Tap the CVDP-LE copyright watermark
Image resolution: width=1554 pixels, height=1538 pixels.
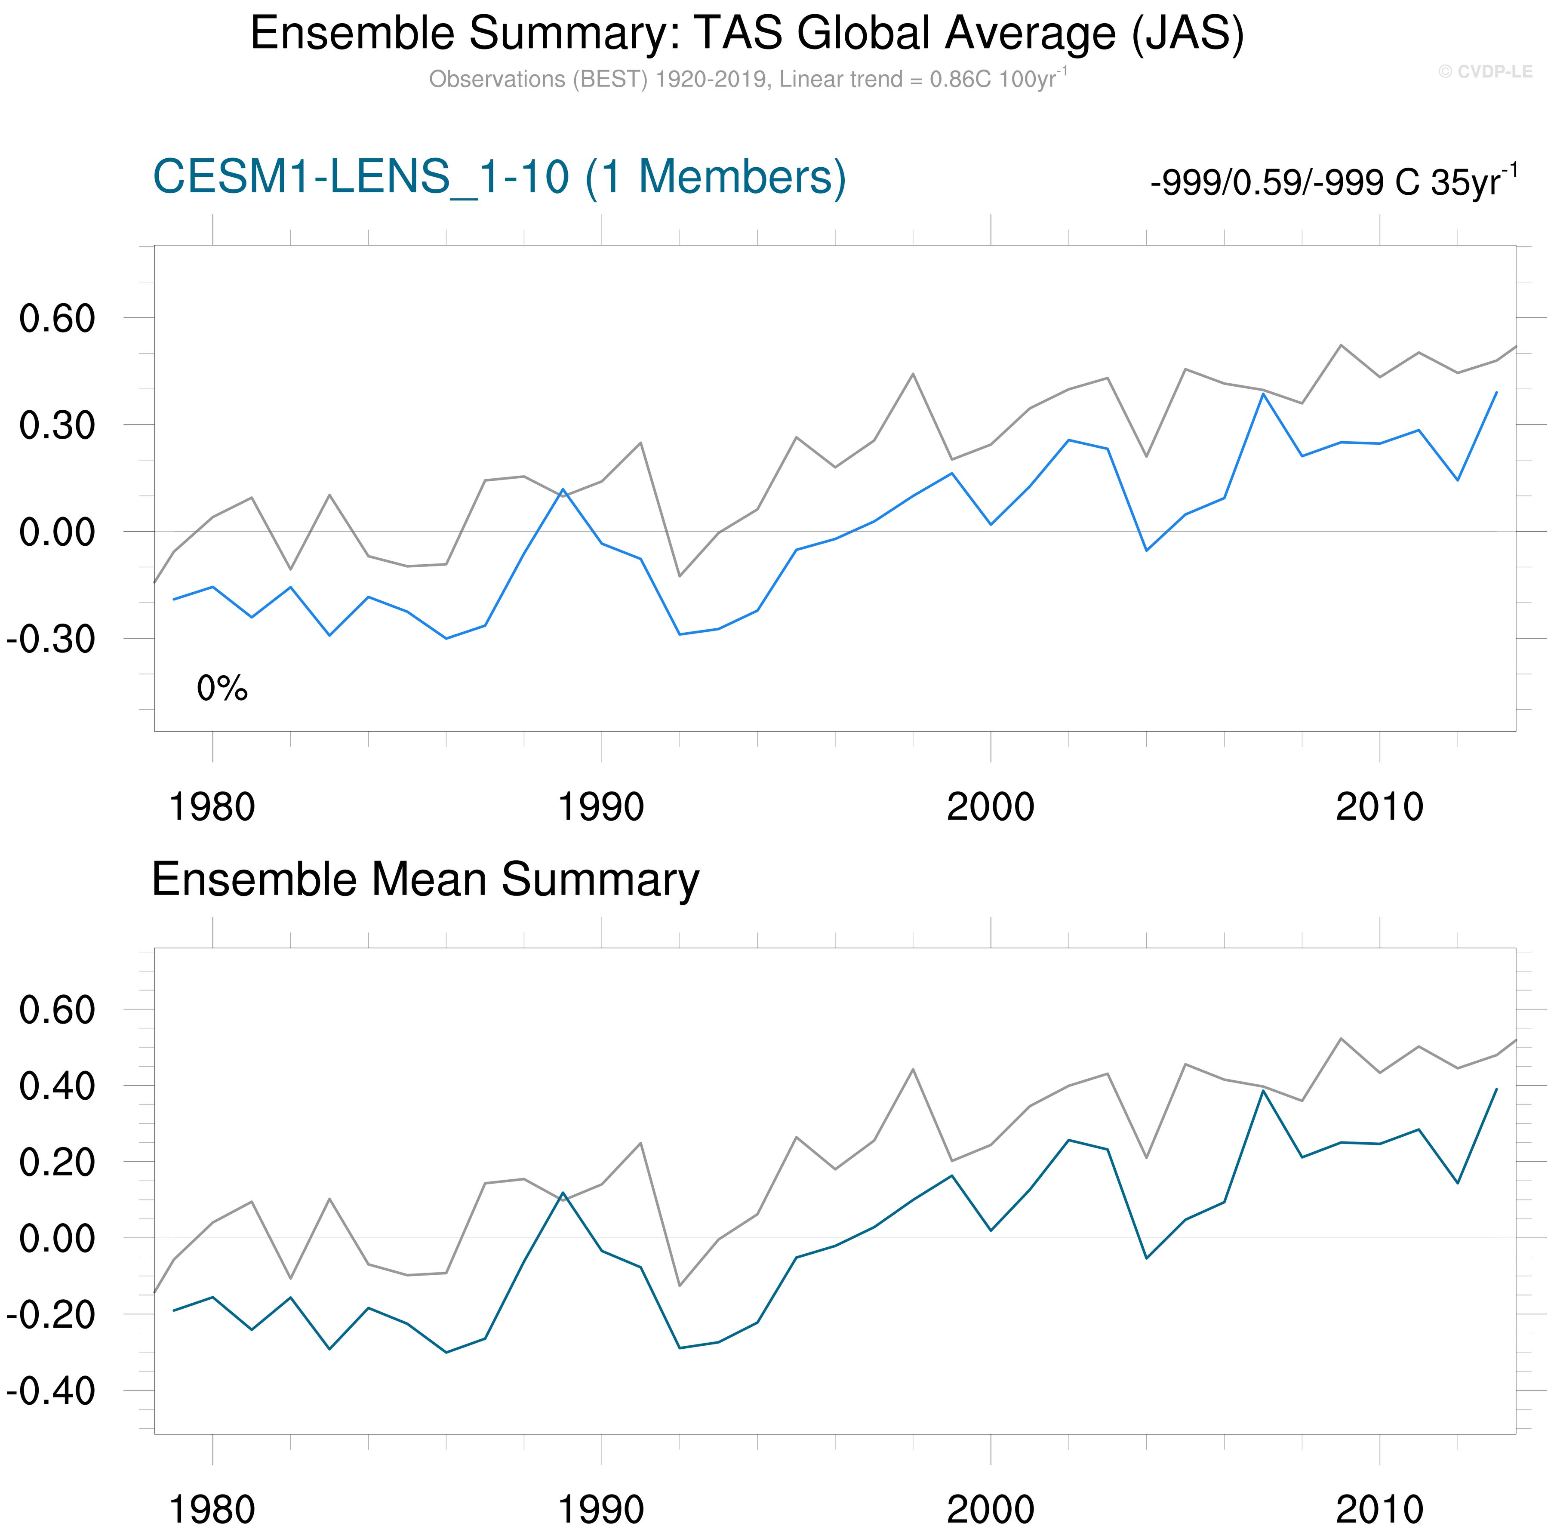click(1485, 71)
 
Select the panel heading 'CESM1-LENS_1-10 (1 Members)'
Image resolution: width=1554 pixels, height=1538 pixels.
click(499, 177)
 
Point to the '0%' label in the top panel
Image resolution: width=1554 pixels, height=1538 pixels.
click(222, 689)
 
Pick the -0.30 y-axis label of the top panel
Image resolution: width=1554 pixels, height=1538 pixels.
click(51, 640)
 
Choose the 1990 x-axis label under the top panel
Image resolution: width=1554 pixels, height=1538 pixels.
click(601, 807)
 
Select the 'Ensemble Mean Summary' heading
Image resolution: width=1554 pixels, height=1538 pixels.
click(425, 879)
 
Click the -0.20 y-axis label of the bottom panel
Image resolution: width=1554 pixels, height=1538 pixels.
click(51, 1315)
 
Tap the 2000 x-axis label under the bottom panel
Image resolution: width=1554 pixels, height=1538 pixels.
click(990, 1510)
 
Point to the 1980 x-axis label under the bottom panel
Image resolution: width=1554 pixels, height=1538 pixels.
click(212, 1510)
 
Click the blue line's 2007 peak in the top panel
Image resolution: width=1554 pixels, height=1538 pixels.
click(1263, 394)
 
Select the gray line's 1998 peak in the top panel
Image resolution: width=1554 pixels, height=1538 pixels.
click(913, 374)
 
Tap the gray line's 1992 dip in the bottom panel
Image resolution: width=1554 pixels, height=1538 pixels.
click(680, 1286)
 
